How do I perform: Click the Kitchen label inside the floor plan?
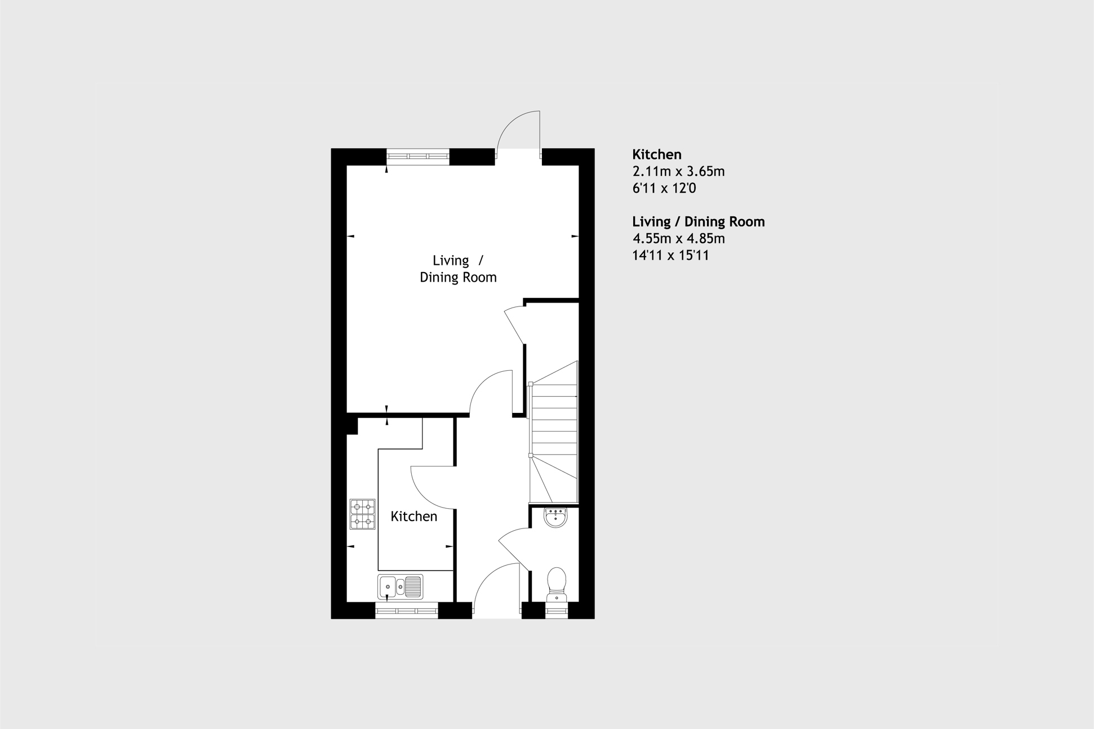click(413, 517)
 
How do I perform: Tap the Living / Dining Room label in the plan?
click(457, 269)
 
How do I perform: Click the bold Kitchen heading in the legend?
click(656, 154)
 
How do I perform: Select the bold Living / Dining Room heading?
click(698, 221)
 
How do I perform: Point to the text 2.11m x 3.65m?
click(678, 171)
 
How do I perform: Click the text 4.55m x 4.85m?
click(678, 238)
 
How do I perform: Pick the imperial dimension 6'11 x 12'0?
click(664, 188)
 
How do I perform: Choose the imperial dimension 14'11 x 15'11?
click(670, 255)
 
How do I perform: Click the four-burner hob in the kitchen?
click(362, 514)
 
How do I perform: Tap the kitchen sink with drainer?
click(400, 586)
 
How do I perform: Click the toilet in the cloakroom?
click(557, 583)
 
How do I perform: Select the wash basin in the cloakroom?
click(555, 517)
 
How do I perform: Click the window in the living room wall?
click(417, 156)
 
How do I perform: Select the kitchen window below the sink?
click(406, 611)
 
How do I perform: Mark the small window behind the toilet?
click(556, 611)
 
